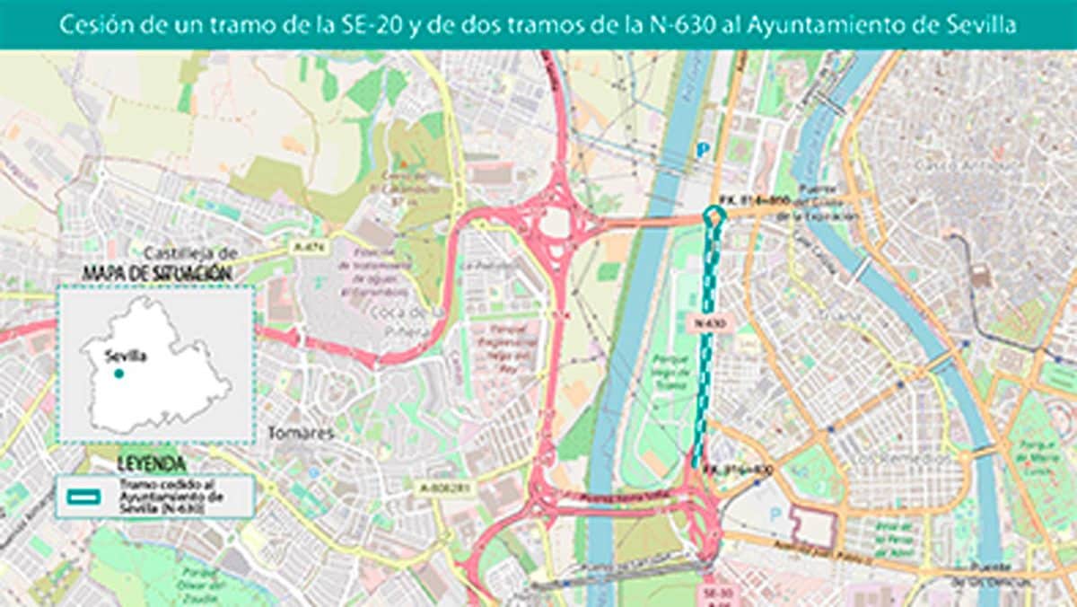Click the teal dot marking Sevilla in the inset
(x=118, y=373)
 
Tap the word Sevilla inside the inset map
(x=125, y=356)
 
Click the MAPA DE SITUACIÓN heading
(x=157, y=272)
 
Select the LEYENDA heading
(x=152, y=464)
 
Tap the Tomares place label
(x=301, y=434)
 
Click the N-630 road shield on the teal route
(x=708, y=321)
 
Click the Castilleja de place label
(x=194, y=254)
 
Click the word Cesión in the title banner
(x=89, y=25)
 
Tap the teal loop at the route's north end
(x=714, y=215)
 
